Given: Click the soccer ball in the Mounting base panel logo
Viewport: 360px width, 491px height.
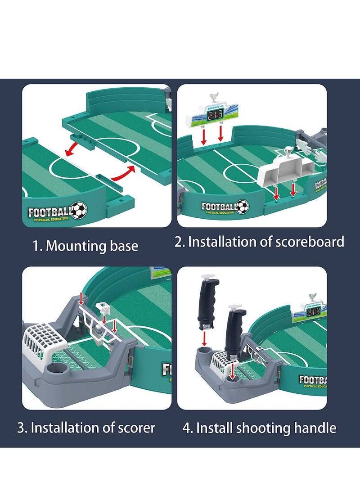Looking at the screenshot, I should click(79, 209).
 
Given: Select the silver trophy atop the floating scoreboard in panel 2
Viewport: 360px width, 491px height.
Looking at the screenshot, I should click(214, 97).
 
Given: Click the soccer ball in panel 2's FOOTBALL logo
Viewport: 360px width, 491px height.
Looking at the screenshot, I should click(242, 207).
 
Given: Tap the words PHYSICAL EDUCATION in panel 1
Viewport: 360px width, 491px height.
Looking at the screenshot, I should click(48, 219).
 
